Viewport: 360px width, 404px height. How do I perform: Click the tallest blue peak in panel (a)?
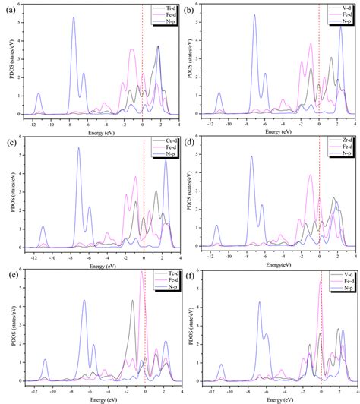(74, 17)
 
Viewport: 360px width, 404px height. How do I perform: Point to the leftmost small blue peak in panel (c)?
(43, 227)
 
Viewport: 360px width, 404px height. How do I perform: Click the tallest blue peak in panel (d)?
(252, 156)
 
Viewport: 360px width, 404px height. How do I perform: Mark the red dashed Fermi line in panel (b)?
(319, 61)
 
